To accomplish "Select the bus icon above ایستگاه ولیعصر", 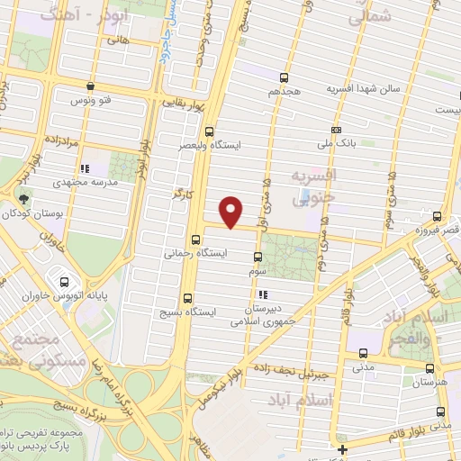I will pos(210,131).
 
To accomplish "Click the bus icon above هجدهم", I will pos(285,78).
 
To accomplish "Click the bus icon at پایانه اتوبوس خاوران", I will pos(59,275).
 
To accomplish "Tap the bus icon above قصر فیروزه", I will pos(438,217).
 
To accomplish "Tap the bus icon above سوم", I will pos(258,257).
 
